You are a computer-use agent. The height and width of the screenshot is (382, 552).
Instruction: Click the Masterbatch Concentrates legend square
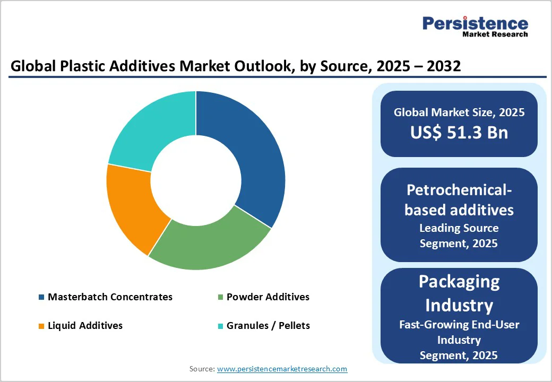tap(41, 297)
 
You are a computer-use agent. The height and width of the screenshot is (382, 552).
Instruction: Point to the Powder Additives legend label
tap(268, 297)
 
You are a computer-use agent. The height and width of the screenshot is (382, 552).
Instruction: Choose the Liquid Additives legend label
tap(85, 325)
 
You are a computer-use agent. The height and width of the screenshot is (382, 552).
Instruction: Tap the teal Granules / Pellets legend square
tap(220, 325)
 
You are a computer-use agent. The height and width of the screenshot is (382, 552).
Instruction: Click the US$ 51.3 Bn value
tap(459, 132)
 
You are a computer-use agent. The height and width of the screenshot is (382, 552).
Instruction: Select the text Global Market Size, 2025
tap(459, 112)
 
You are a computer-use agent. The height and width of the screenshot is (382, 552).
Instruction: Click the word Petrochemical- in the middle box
tap(459, 189)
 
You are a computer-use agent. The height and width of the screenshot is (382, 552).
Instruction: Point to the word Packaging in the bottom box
tap(459, 281)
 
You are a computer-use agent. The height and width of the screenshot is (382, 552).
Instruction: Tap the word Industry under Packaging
tap(459, 305)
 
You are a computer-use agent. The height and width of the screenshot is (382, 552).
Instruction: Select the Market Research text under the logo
tap(495, 34)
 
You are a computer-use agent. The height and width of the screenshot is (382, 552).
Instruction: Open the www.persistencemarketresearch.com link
tap(282, 368)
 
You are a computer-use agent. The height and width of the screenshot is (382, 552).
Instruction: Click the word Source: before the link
tap(202, 368)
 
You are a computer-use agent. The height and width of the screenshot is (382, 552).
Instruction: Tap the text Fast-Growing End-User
tap(459, 325)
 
